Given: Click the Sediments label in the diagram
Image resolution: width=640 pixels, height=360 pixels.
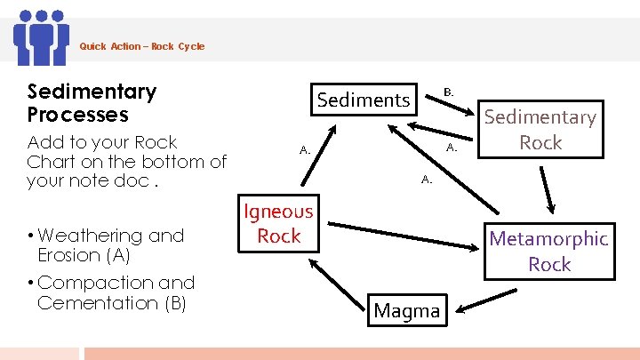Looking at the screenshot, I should (x=364, y=100).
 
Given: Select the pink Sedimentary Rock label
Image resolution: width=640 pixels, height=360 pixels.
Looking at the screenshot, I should (x=540, y=130).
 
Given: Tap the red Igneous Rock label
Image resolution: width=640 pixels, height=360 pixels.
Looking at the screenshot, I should (x=279, y=223).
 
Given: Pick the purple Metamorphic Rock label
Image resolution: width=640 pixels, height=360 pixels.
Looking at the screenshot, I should (x=548, y=251).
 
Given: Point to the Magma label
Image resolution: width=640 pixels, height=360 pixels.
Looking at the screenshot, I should (x=407, y=311).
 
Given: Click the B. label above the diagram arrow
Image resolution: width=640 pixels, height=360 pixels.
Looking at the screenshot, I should (x=449, y=92).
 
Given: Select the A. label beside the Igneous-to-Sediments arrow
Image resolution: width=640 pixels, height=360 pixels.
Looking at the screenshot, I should (x=305, y=150).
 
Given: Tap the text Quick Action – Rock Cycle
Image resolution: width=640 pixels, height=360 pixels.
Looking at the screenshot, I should (x=142, y=46).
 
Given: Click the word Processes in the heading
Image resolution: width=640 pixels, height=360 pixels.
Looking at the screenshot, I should (x=78, y=115).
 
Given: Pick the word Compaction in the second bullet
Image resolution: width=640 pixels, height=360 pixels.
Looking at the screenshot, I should (x=84, y=283).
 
